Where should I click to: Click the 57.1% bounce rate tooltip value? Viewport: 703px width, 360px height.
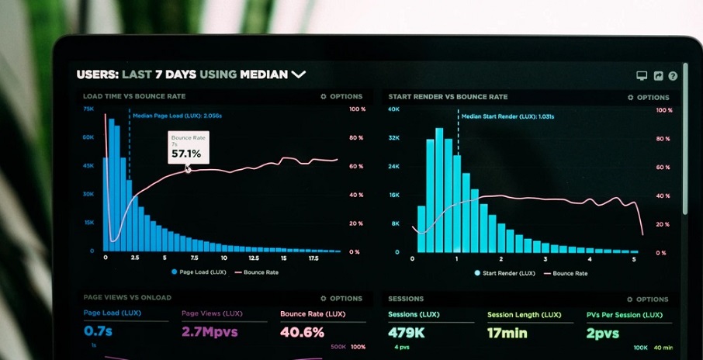[186, 154]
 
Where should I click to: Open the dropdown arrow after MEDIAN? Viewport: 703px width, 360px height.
[299, 74]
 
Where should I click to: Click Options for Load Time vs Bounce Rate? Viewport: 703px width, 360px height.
[341, 97]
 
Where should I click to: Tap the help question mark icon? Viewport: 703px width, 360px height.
[673, 76]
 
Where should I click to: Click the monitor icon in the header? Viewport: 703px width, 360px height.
[642, 76]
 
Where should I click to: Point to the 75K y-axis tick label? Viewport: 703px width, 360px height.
[88, 109]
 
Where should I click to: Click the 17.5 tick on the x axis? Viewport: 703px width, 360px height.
[313, 258]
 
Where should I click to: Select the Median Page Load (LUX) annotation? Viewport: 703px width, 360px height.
[177, 116]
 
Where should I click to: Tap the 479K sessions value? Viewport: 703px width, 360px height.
[407, 333]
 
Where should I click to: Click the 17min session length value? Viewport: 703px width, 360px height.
[507, 333]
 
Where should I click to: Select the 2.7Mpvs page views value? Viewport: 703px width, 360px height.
[210, 332]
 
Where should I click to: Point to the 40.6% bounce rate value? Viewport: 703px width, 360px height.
[302, 332]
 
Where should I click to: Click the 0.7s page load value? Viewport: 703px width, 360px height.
[98, 332]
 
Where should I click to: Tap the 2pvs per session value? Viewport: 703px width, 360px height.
[603, 333]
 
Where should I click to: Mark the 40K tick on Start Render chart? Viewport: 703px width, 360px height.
[393, 110]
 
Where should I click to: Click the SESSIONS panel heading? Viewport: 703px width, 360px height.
[406, 299]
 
